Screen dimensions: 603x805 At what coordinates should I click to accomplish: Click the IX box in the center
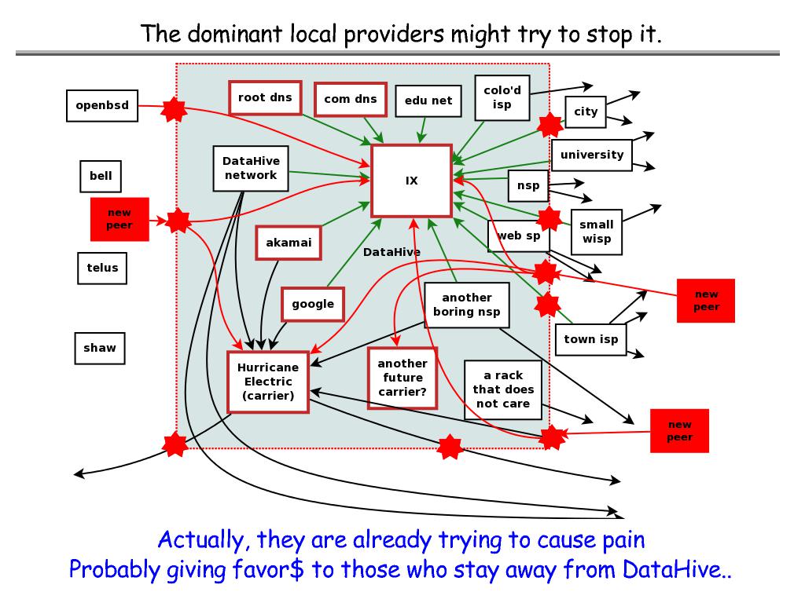[411, 181]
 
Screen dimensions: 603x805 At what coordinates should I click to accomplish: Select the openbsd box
[102, 105]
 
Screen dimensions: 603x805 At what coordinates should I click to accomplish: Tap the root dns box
[265, 97]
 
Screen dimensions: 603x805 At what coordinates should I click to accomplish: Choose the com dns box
[351, 99]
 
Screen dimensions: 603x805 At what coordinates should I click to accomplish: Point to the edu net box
[428, 100]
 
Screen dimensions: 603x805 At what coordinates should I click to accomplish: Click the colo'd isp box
[502, 97]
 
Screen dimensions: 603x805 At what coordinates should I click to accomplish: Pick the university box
[592, 155]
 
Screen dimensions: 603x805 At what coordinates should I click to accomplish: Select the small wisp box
[597, 232]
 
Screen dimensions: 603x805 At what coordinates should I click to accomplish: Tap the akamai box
[289, 243]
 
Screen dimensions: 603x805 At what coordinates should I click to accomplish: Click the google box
[313, 304]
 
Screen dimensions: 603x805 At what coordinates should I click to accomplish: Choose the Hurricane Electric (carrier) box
[268, 382]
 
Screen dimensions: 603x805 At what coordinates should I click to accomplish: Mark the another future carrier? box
[402, 378]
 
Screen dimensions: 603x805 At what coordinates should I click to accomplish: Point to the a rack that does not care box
[503, 389]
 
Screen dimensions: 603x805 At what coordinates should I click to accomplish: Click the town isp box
[591, 339]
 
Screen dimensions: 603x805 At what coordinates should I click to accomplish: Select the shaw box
[100, 348]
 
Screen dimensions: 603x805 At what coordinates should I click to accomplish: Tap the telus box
[102, 268]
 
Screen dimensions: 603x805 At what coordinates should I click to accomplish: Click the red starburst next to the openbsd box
[172, 110]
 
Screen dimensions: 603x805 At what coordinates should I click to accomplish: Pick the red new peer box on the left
[119, 218]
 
